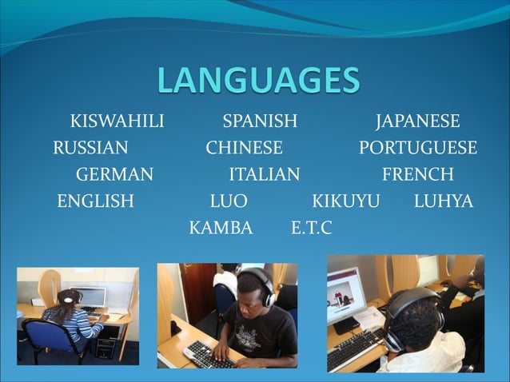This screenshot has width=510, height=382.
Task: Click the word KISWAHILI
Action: [117, 122]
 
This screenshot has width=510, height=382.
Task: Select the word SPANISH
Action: [260, 122]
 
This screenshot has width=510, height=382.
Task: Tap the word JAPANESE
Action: [417, 122]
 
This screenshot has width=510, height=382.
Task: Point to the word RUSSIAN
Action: [90, 149]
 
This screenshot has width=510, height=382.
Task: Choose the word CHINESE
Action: [244, 149]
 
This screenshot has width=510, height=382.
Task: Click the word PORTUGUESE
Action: [417, 149]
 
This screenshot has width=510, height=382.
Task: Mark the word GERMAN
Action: [114, 175]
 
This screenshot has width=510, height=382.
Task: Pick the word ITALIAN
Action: [265, 175]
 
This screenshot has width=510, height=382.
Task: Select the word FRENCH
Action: [417, 175]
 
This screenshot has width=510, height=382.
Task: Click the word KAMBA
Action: [221, 229]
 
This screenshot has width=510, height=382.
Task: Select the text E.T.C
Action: [311, 229]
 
